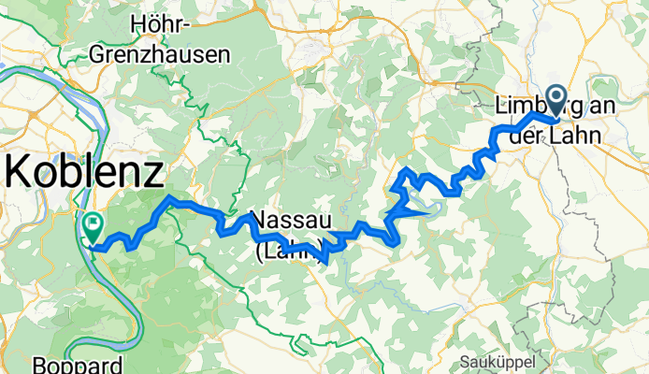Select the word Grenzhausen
(159, 54)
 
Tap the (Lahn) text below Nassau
(291, 251)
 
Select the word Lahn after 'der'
(572, 135)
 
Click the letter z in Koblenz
(152, 175)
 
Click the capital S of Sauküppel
(467, 361)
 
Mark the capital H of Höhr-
(140, 24)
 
